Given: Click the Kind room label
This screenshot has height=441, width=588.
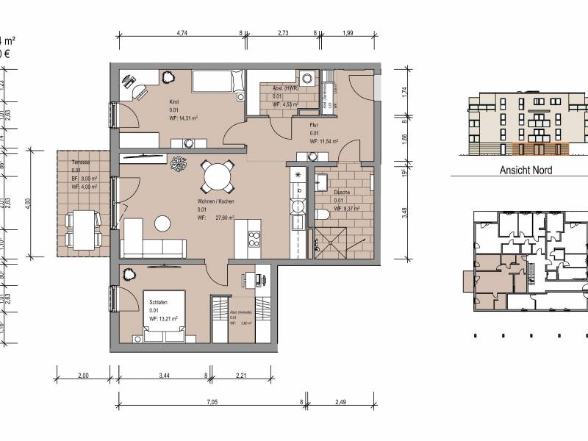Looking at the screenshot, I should tap(174, 101).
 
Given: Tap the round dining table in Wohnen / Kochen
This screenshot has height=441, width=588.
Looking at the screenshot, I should tap(218, 176).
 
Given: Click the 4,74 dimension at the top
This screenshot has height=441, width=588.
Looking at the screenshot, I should tap(180, 33).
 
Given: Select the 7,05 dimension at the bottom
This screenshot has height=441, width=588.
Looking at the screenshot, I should tap(211, 403).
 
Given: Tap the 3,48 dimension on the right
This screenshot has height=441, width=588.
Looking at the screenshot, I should tap(406, 213).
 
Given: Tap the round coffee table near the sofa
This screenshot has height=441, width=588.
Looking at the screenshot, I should tap(162, 221).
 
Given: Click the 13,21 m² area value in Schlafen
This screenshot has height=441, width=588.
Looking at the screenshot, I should tap(168, 319).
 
